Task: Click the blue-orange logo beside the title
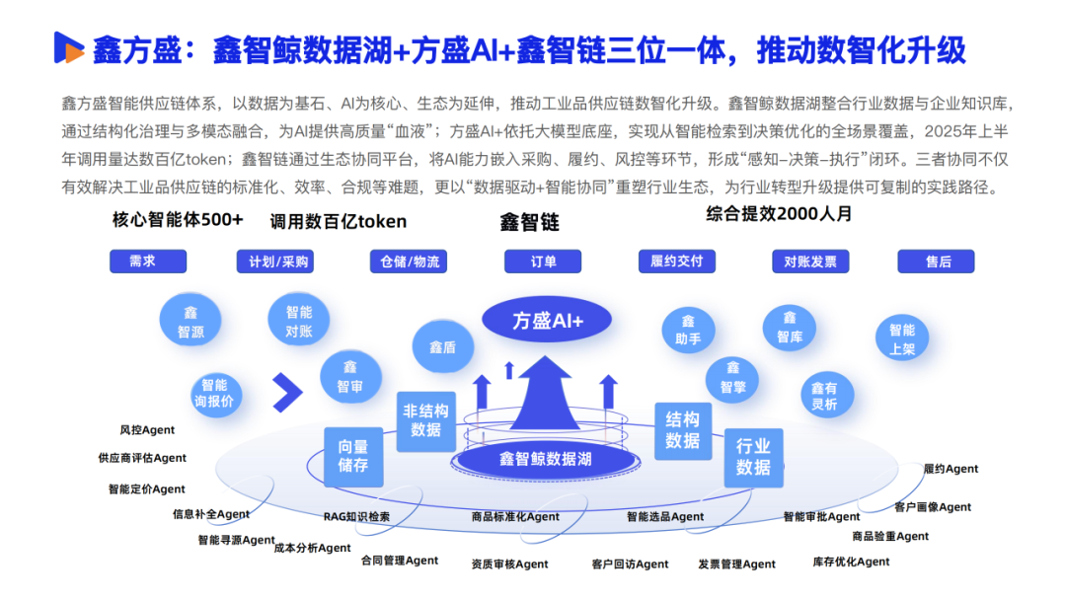(68, 47)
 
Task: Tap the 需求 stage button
(147, 262)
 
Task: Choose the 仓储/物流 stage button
(408, 262)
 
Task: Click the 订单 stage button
(542, 262)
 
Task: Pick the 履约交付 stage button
(676, 262)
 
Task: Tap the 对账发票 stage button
(809, 262)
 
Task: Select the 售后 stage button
(936, 262)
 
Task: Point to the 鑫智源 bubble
(190, 322)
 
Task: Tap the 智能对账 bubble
(298, 321)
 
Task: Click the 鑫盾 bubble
(442, 347)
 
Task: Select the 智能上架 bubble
(902, 339)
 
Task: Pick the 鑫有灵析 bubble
(823, 396)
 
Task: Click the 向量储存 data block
(352, 456)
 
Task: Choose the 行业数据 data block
(753, 457)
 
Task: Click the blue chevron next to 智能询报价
(287, 393)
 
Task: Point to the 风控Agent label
(147, 430)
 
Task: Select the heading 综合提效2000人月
(779, 213)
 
